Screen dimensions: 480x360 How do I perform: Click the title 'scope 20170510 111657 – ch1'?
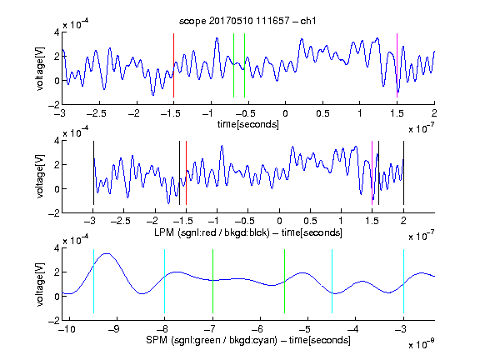[247, 21]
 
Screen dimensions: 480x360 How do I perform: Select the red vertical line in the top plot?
[173, 66]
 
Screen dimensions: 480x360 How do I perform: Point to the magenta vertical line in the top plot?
[397, 66]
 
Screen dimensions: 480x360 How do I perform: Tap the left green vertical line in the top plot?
[233, 66]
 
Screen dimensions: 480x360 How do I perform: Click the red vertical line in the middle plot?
[186, 173]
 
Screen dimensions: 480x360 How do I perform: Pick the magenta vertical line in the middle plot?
[372, 173]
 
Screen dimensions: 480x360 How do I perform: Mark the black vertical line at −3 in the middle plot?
[93, 173]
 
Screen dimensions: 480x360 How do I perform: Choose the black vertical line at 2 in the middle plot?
[403, 173]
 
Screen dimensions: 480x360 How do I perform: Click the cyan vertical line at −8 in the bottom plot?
[165, 282]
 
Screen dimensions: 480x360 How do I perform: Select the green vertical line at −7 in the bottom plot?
[212, 282]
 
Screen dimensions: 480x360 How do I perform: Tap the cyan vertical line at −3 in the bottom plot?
[403, 282]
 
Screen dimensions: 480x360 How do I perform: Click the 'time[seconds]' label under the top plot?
[248, 124]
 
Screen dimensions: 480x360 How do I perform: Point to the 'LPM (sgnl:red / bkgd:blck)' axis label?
[212, 232]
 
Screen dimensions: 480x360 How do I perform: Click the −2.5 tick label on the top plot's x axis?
[96, 113]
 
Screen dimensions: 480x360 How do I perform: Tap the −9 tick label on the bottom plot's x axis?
[114, 329]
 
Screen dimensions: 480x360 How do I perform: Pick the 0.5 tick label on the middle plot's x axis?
[310, 221]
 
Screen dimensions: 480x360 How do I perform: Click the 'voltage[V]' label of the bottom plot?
[40, 284]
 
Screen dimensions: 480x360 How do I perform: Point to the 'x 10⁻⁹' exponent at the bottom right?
[422, 344]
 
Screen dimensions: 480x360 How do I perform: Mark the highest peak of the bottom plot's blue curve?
[107, 253]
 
